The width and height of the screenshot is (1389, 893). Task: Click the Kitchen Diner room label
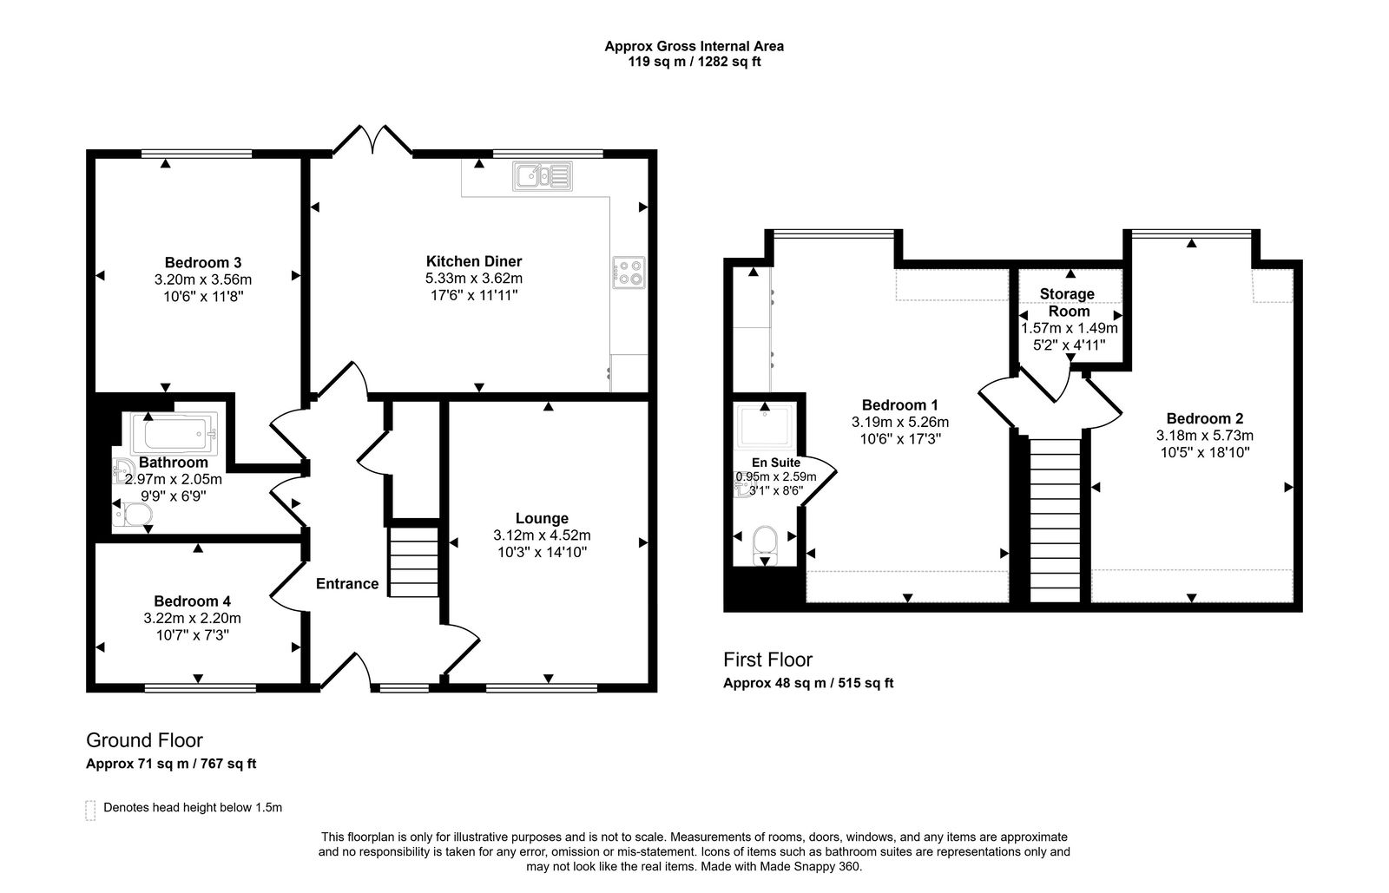click(473, 261)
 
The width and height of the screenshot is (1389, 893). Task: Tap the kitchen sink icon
click(541, 176)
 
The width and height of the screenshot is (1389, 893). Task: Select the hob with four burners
click(629, 272)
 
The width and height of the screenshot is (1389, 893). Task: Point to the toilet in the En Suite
click(764, 542)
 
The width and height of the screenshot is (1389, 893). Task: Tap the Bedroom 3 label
click(202, 262)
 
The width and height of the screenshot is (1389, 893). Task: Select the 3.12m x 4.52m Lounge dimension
click(542, 535)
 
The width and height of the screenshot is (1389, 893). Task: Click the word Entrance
click(346, 584)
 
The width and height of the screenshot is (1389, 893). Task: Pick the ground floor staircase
click(413, 563)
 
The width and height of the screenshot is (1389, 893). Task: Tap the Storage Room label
click(1068, 302)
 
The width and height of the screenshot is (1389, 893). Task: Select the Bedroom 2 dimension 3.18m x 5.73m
click(1204, 436)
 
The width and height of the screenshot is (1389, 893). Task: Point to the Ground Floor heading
click(144, 740)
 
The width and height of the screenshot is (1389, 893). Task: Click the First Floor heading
click(767, 660)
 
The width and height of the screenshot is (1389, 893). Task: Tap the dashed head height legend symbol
click(90, 810)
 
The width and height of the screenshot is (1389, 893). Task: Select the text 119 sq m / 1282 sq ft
click(694, 62)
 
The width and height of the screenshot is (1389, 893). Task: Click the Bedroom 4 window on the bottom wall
click(200, 688)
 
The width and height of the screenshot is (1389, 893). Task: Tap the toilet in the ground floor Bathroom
click(134, 516)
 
